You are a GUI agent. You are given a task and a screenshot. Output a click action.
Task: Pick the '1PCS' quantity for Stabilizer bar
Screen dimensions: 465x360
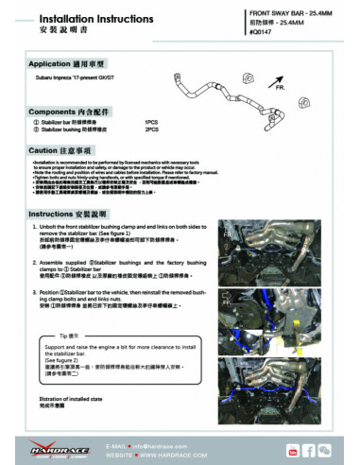tap(151, 122)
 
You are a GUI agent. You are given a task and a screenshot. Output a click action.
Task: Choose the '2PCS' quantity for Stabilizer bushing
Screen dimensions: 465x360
tap(151, 129)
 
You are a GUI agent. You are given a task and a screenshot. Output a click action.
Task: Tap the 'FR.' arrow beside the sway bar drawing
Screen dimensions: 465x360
tap(280, 86)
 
